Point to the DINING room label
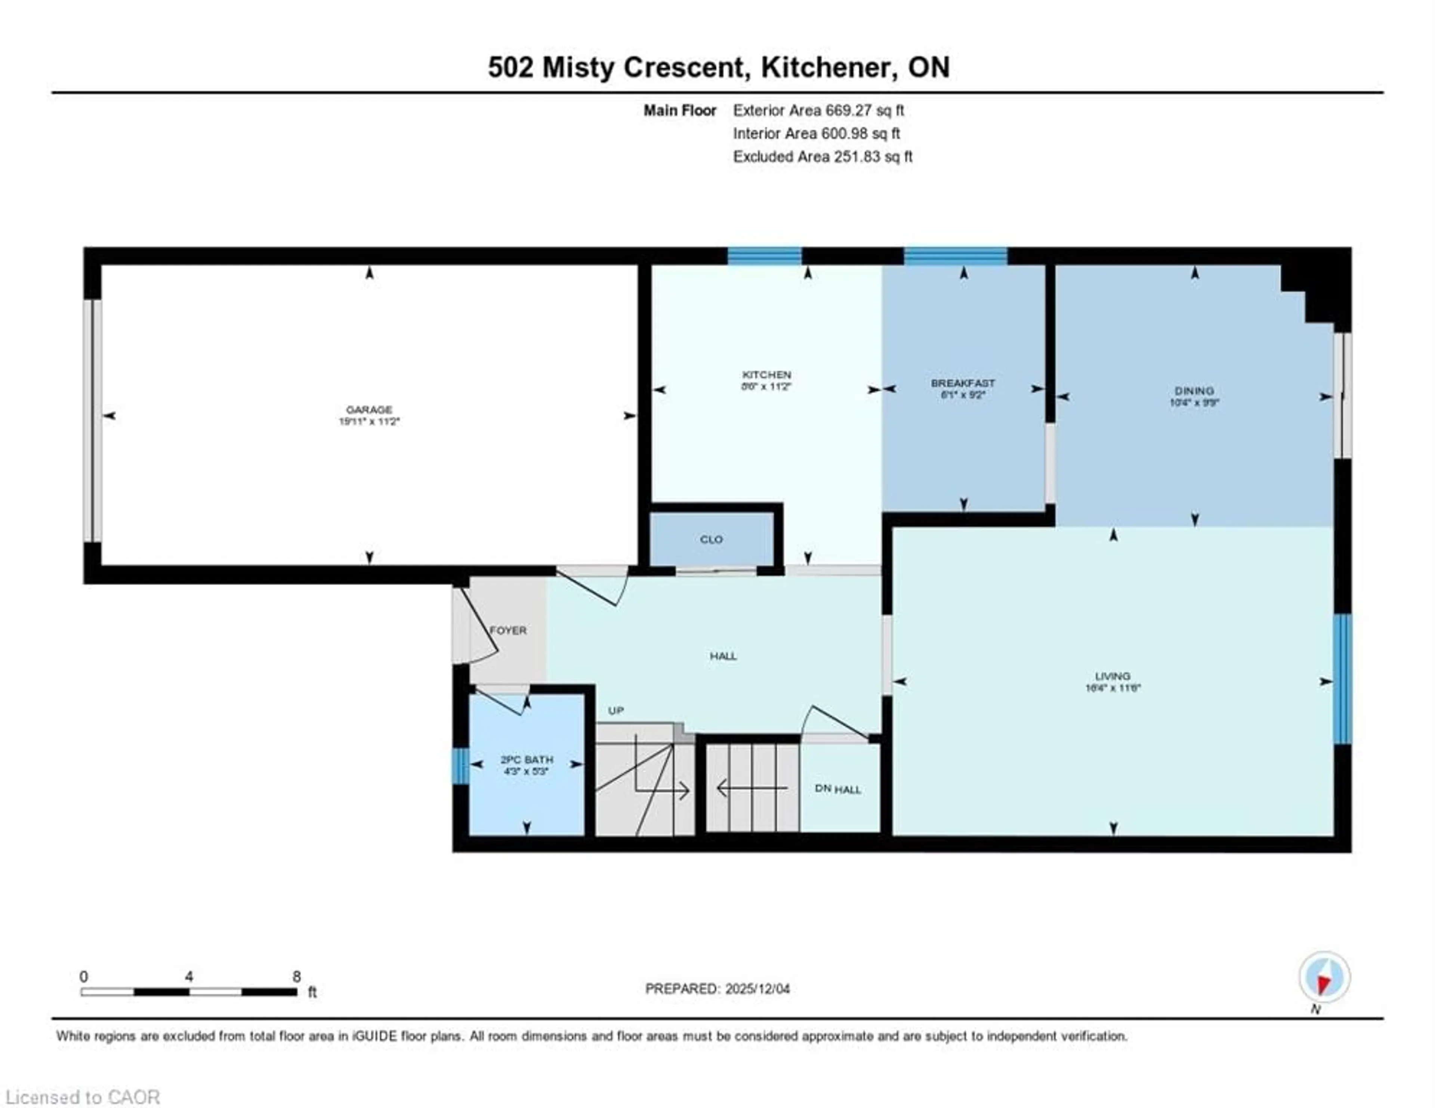tap(1194, 391)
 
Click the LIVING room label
tap(1112, 676)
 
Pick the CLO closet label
tap(711, 539)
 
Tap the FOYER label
tap(508, 630)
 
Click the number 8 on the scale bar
tap(296, 977)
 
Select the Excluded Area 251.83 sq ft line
tap(822, 157)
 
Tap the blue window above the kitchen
tap(764, 255)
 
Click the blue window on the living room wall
tap(1342, 679)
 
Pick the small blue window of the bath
tap(461, 766)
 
